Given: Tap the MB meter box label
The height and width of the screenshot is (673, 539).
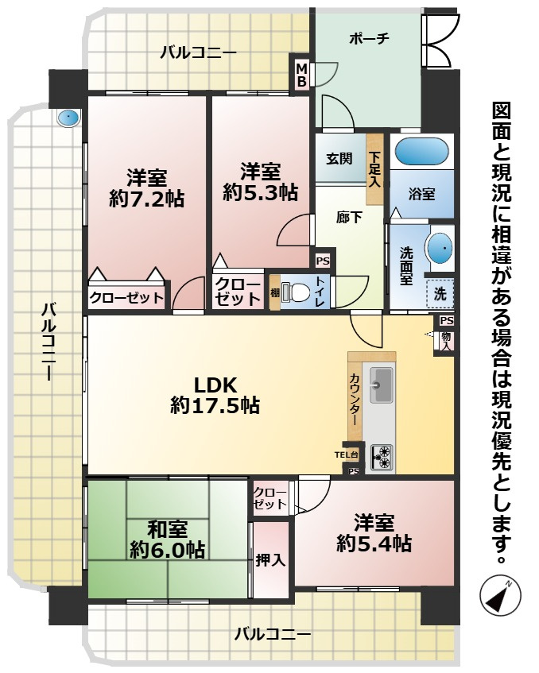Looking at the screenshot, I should pyautogui.click(x=302, y=75).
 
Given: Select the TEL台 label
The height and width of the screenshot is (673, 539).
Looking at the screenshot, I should pyautogui.click(x=347, y=454).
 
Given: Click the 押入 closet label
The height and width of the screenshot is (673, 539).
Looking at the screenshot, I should pyautogui.click(x=270, y=559).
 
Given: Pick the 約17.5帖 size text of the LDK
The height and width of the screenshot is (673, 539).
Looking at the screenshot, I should pyautogui.click(x=215, y=406).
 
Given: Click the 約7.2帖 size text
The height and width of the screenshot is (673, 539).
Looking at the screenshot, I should pyautogui.click(x=146, y=199).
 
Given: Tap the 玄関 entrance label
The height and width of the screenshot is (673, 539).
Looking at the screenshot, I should pyautogui.click(x=338, y=158).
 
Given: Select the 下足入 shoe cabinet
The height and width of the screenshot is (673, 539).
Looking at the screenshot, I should pyautogui.click(x=374, y=169).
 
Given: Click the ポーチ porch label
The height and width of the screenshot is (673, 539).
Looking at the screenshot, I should pyautogui.click(x=368, y=39).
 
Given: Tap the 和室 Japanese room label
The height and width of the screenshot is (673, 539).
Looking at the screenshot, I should pyautogui.click(x=167, y=528).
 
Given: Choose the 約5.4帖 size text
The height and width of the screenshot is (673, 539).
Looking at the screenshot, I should pyautogui.click(x=374, y=543).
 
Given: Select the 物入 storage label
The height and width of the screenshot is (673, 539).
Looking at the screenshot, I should pyautogui.click(x=446, y=340).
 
